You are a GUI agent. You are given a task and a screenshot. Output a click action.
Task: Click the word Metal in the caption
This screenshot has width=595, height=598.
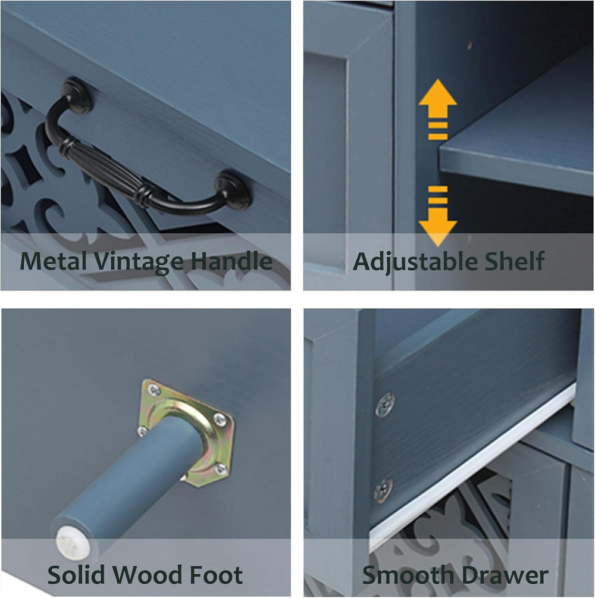click(x=54, y=261)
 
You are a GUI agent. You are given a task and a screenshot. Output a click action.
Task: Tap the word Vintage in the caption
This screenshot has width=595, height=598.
click(x=139, y=262)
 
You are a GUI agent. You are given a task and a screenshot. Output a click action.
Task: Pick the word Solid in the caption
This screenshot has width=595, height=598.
click(x=76, y=575)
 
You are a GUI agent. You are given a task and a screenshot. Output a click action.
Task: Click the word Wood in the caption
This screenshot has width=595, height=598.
click(x=148, y=575)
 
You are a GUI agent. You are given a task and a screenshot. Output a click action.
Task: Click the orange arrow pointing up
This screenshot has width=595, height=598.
click(x=437, y=109)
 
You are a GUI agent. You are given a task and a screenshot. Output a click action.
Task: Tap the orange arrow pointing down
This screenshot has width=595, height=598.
click(x=437, y=216)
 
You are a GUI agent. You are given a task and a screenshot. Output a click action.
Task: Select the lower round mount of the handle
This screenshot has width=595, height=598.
click(x=233, y=189)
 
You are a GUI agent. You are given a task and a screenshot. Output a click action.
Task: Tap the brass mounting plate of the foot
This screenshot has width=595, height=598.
click(x=186, y=433)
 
